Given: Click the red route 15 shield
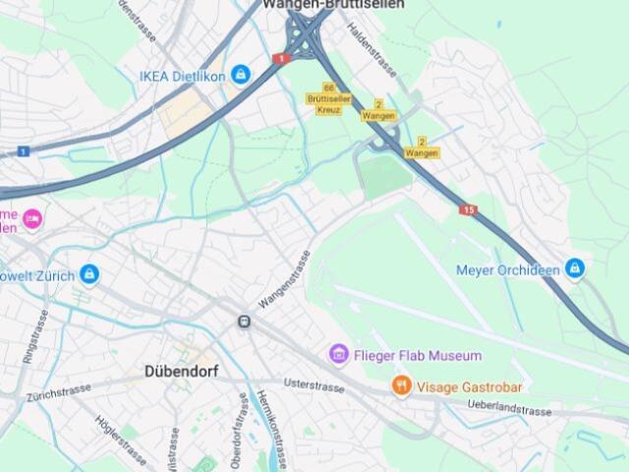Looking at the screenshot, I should pos(468,209).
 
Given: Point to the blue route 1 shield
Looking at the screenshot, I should pos(23,151).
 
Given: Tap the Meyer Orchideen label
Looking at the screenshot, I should pos(508,269).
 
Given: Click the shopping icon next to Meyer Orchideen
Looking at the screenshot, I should pos(575,268).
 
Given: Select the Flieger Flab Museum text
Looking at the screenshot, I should pos(418,355).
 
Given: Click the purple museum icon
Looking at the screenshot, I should pos(339,354).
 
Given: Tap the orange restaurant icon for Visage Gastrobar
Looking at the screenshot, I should pos(401,386).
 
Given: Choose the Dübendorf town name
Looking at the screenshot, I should pos(182,372).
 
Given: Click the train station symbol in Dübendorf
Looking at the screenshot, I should pos(244,321).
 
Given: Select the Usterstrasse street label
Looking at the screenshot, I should pos(314,384).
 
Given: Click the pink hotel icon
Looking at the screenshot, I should pos(32,218).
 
